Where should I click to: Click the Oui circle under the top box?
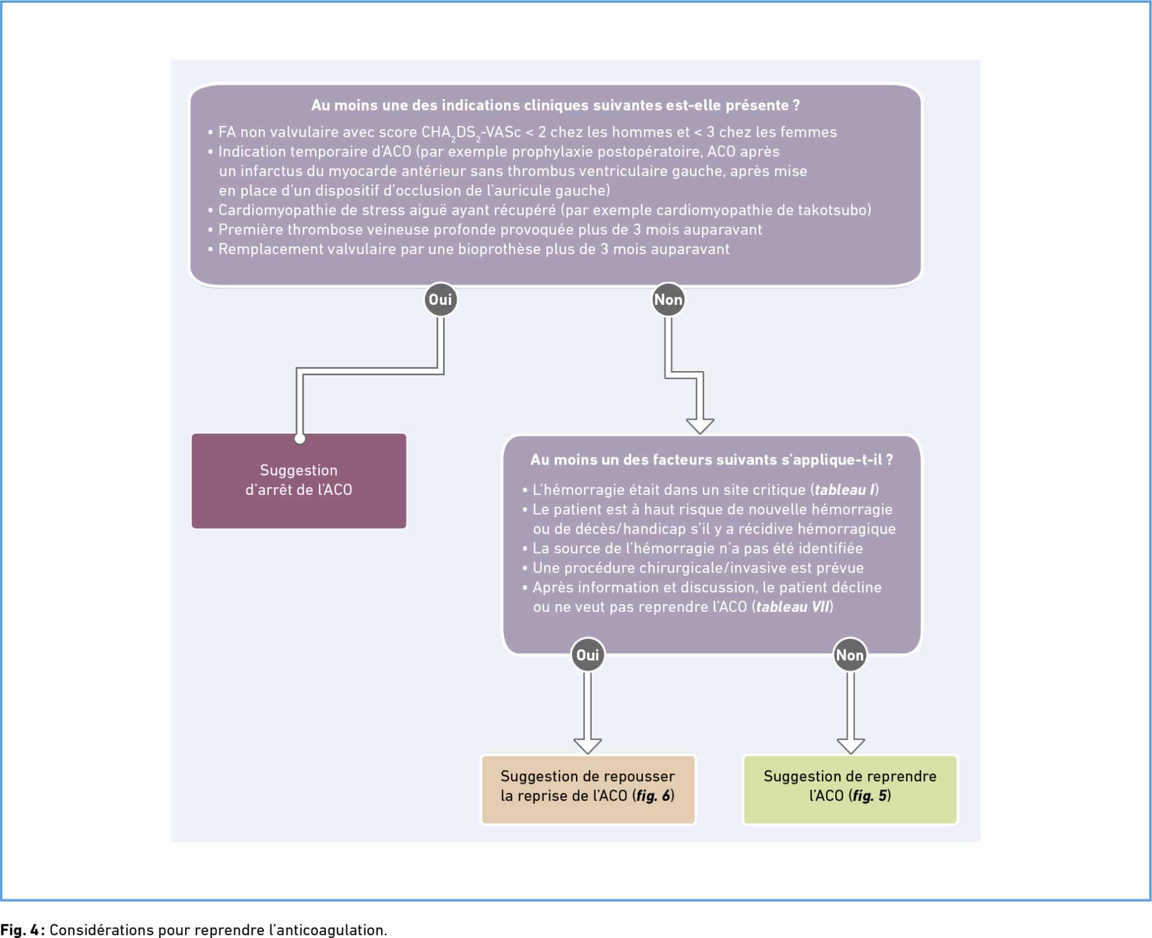[440, 300]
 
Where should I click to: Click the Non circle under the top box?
[668, 300]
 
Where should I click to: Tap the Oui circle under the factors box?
[588, 655]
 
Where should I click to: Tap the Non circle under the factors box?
[849, 655]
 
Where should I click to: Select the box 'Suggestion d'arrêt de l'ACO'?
[299, 480]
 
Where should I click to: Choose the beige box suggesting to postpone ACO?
[588, 790]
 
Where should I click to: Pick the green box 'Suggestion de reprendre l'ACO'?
[850, 790]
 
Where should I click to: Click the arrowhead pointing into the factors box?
[700, 426]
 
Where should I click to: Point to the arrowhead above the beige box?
[588, 746]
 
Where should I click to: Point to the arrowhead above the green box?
[850, 746]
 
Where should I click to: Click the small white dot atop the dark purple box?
[300, 439]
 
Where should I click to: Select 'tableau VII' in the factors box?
[793, 607]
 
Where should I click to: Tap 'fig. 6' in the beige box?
[653, 796]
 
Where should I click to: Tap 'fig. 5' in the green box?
[870, 796]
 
